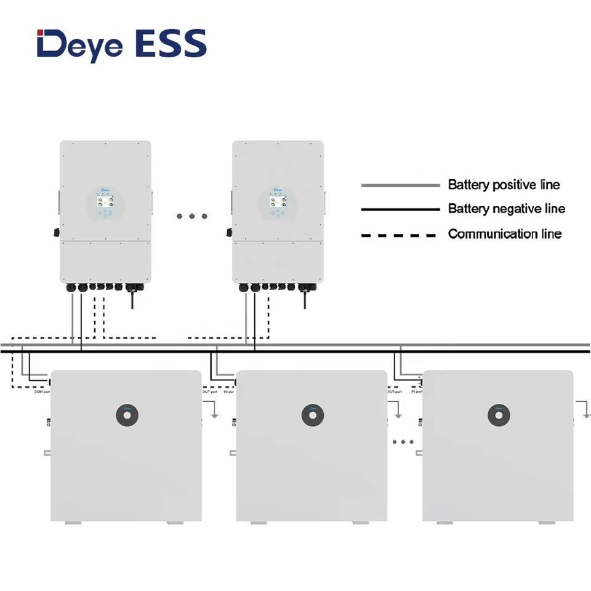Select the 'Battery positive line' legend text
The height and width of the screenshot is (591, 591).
(x=504, y=185)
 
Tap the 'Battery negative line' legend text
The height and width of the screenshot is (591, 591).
(x=506, y=209)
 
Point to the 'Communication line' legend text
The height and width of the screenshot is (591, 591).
(x=504, y=234)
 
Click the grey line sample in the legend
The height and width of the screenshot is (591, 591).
(x=400, y=185)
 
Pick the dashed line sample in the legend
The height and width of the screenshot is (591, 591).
(x=400, y=235)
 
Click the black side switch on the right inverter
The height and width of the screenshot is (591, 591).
(x=229, y=233)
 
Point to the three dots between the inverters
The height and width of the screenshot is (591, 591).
(x=191, y=216)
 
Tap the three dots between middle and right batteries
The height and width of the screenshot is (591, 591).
(x=403, y=442)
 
